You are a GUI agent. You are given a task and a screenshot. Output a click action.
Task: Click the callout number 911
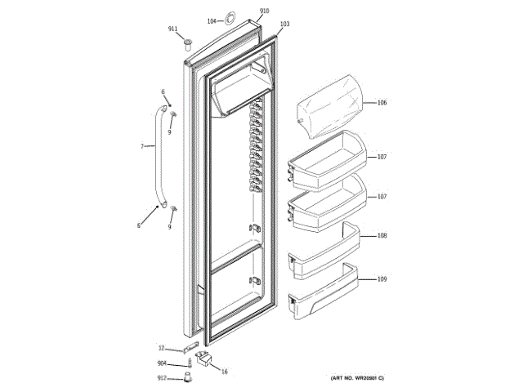point(172,29)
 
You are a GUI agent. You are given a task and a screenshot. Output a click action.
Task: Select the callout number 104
point(211,20)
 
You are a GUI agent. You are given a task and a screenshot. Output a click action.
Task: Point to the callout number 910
point(264,11)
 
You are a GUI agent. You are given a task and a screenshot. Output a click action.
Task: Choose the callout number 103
point(284,24)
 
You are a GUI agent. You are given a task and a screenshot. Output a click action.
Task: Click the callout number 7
point(141,146)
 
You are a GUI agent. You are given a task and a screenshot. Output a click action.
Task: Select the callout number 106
point(382,103)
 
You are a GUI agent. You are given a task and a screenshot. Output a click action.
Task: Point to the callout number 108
point(382,236)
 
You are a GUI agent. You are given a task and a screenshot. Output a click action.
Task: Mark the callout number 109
point(382,280)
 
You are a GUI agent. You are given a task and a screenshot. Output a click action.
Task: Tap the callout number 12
point(162,347)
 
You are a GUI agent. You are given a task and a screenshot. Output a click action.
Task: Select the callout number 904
point(163,363)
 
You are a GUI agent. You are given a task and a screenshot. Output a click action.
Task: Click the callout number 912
point(163,377)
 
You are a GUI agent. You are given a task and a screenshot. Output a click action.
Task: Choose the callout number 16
point(224,371)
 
